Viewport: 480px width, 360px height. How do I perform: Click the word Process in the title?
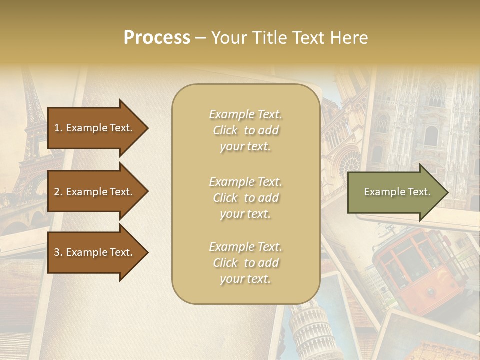click(157, 38)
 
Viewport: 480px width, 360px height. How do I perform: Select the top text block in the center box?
click(245, 130)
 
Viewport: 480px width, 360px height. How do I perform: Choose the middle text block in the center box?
click(245, 198)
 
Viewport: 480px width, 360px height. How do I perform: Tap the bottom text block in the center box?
click(245, 263)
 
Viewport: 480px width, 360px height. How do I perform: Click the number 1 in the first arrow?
click(56, 128)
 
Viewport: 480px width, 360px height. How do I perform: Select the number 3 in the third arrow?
click(56, 252)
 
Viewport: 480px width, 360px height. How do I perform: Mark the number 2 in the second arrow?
click(56, 192)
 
